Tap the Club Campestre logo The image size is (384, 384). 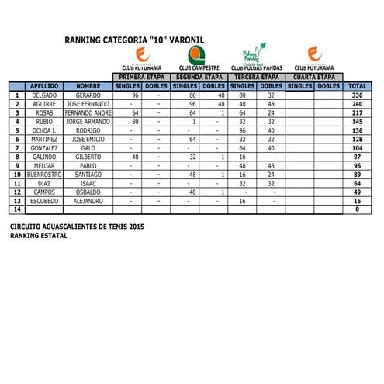(196, 54)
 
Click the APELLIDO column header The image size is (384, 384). (43, 86)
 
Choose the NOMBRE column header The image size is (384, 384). (88, 86)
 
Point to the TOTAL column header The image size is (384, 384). (357, 86)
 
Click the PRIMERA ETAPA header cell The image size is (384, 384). (141, 78)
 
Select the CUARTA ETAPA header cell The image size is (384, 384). (314, 78)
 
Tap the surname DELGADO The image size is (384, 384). (43, 95)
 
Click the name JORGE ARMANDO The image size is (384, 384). (88, 122)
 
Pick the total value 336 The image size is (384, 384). (357, 95)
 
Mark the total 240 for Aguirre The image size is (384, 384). (357, 104)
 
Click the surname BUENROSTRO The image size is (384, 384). (43, 175)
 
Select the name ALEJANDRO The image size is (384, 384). (88, 201)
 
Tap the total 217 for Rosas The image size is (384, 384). (357, 112)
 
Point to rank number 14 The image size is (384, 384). (17, 209)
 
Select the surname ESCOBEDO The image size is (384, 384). (43, 201)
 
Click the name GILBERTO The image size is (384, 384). (88, 157)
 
